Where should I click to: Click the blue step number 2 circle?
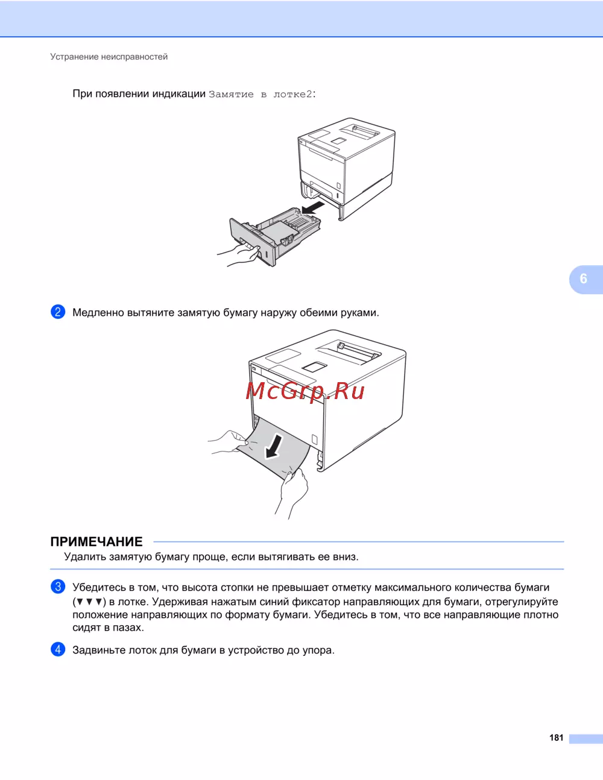[x=58, y=312]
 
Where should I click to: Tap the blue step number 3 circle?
[x=58, y=587]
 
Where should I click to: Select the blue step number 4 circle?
[x=58, y=649]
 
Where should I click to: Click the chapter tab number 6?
[x=584, y=279]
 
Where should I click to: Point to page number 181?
[x=556, y=738]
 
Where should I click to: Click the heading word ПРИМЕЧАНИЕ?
[x=96, y=541]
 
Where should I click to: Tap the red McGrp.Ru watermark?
[x=305, y=391]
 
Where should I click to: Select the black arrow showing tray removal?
[x=313, y=208]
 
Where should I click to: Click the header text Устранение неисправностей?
[x=109, y=57]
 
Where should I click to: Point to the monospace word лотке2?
[x=293, y=94]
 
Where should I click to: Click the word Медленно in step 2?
[x=98, y=313]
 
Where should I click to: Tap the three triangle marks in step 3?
[x=89, y=602]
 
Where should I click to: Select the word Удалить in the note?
[x=85, y=556]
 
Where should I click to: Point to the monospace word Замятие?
[x=231, y=94]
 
